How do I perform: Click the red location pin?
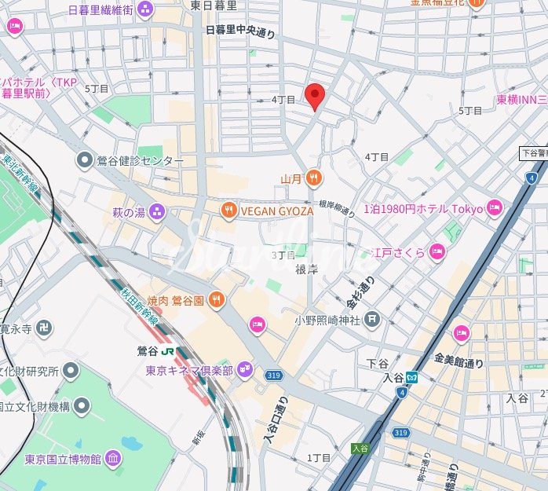(315, 94)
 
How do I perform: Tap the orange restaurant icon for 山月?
(314, 178)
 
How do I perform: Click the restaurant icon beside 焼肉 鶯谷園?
(216, 299)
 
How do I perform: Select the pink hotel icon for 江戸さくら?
(437, 252)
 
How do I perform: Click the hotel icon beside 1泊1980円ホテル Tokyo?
(494, 208)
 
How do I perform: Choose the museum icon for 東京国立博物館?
(113, 458)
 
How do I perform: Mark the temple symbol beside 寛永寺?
(43, 327)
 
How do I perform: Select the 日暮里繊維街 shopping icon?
(144, 9)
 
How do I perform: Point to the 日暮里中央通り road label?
(240, 31)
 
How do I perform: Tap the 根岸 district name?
(306, 269)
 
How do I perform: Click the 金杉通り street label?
(360, 294)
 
